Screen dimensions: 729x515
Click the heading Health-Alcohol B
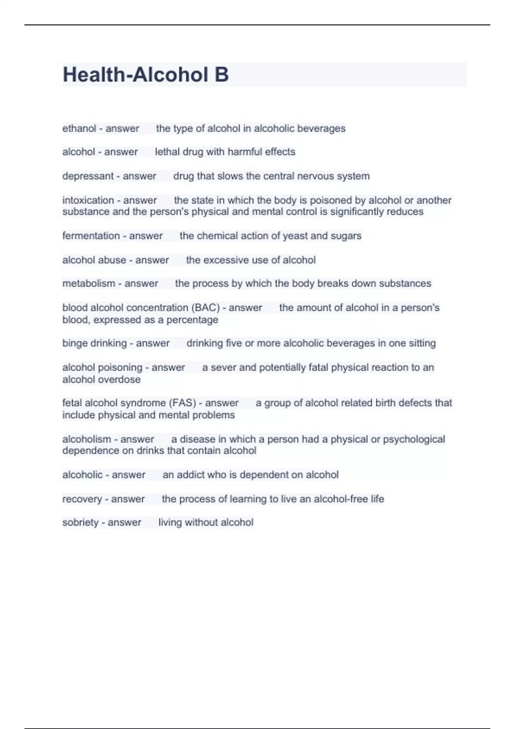point(145,75)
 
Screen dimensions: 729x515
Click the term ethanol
point(79,128)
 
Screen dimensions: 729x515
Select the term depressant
point(88,176)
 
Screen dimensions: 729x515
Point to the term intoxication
point(88,200)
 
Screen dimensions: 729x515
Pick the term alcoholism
point(87,439)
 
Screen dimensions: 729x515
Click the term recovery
point(82,499)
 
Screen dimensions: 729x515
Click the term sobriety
point(80,522)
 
